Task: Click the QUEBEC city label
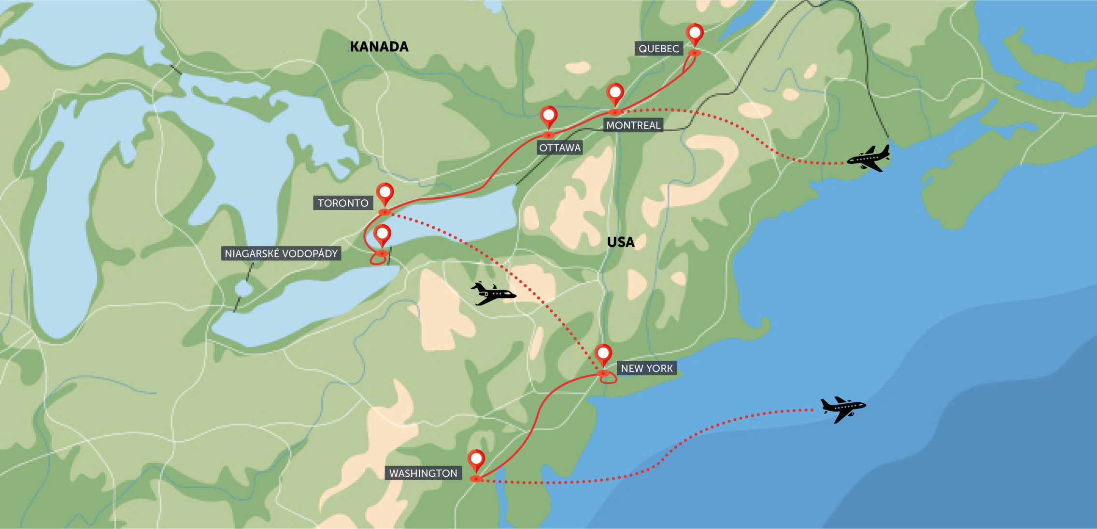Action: [x=658, y=48]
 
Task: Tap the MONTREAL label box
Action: [x=633, y=125]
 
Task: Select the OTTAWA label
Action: [x=559, y=147]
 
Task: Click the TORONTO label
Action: [x=343, y=203]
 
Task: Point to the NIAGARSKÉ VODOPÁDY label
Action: [x=281, y=253]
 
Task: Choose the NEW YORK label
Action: [x=646, y=368]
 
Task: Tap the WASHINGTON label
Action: [x=423, y=473]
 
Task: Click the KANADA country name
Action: [x=379, y=46]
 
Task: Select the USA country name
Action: [x=621, y=242]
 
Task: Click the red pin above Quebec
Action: [x=695, y=33]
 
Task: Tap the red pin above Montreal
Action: [x=615, y=92]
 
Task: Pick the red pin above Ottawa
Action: [x=548, y=116]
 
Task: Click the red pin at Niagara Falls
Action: [x=382, y=235]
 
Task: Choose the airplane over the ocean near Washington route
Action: [x=843, y=409]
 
